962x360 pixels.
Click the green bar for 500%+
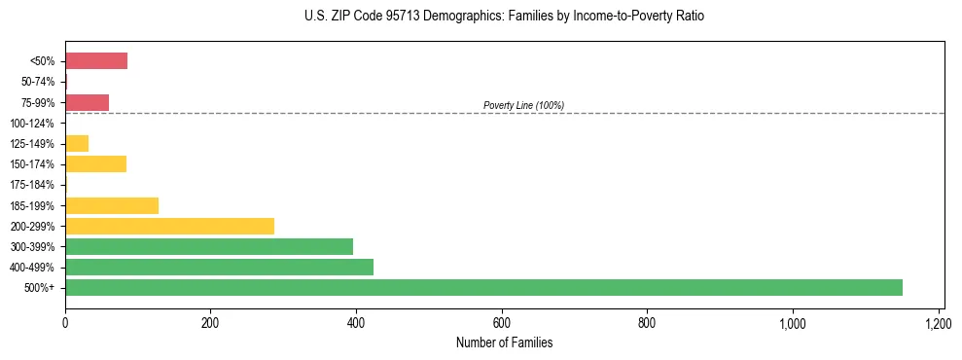[483, 287]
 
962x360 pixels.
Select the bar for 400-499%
[219, 267]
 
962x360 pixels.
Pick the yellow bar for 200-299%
[169, 226]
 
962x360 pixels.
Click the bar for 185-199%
[112, 205]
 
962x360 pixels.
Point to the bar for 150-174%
[95, 163]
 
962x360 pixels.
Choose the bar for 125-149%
[77, 143]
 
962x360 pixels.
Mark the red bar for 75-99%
[87, 102]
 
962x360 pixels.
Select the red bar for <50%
[96, 61]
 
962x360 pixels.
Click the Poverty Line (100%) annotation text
[523, 105]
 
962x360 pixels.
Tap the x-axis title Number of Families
[504, 342]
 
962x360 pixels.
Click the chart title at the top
[504, 17]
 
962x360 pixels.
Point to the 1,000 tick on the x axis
[792, 322]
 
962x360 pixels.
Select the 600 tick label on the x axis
[502, 322]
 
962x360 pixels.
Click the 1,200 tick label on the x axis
[938, 322]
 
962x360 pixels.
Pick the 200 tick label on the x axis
[210, 322]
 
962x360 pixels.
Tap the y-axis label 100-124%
[32, 124]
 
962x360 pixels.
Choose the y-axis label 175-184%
[32, 185]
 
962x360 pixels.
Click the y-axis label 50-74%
[37, 82]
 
